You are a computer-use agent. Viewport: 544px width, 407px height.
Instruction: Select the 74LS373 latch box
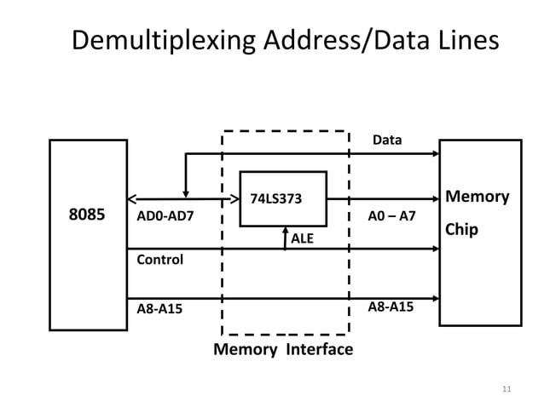[x=282, y=198]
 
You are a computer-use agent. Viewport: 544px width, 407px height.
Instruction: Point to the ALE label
[x=303, y=239]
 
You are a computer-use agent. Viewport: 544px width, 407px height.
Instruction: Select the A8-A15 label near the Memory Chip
[x=391, y=306]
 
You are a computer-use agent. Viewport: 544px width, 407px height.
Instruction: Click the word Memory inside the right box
[x=477, y=198]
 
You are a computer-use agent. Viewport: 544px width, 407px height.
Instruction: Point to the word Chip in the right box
[x=461, y=231]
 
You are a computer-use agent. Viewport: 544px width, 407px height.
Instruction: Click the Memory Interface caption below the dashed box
[x=282, y=350]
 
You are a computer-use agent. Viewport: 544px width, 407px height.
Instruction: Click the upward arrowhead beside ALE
[x=285, y=231]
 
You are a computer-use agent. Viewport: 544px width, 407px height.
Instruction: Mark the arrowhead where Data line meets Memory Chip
[x=435, y=154]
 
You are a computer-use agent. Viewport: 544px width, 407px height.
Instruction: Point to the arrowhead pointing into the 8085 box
[x=132, y=201]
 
